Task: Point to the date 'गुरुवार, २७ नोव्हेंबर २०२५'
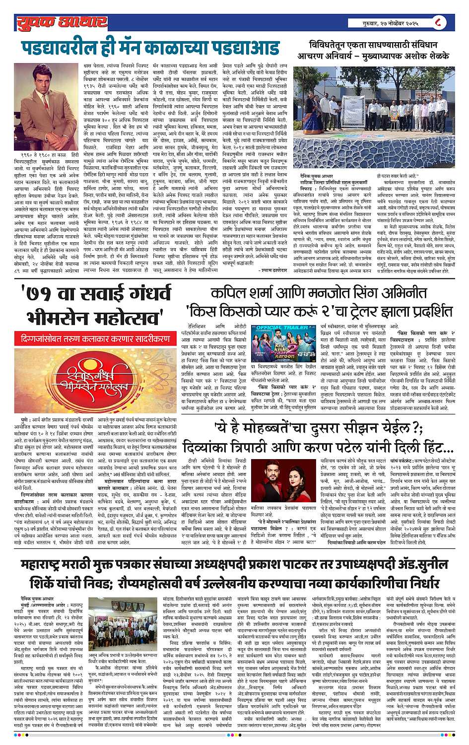point(392,23)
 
